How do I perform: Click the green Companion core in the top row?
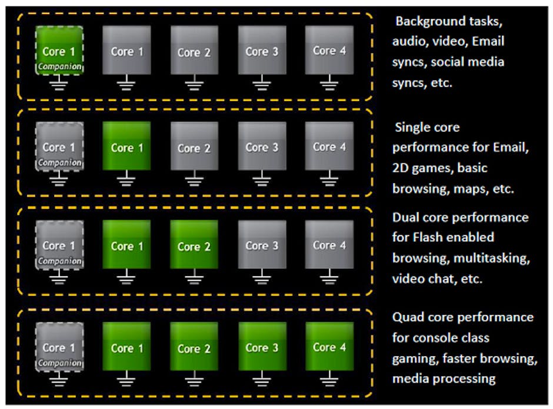pyautogui.click(x=58, y=51)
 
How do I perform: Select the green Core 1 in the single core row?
pyautogui.click(x=126, y=147)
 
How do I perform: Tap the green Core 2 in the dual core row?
pyautogui.click(x=194, y=245)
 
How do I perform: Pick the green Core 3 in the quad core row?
pyautogui.click(x=262, y=347)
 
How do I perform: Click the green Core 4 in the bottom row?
pyautogui.click(x=329, y=347)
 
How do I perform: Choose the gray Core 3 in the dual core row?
pyautogui.click(x=262, y=245)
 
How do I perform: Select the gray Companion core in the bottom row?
pyautogui.click(x=58, y=348)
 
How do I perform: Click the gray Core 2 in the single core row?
pyautogui.click(x=194, y=147)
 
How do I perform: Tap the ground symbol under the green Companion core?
pyautogui.click(x=58, y=85)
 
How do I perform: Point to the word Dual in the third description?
pyautogui.click(x=407, y=218)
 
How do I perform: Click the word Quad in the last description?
pyautogui.click(x=408, y=318)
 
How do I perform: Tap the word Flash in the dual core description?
pyautogui.click(x=428, y=238)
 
